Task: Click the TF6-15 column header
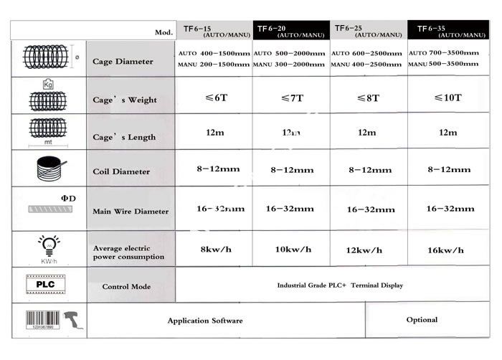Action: (x=213, y=31)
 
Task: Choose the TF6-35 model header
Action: (x=447, y=31)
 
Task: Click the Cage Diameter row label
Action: (x=123, y=62)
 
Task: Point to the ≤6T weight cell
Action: (x=213, y=97)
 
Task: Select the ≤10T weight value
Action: (x=447, y=97)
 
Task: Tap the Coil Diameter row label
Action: (x=121, y=171)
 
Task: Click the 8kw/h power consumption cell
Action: (x=213, y=250)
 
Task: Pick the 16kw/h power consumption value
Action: (x=445, y=250)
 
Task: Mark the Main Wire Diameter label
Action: (x=131, y=211)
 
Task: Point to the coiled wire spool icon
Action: (x=47, y=171)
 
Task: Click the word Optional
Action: (x=422, y=320)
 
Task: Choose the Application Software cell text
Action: (x=205, y=321)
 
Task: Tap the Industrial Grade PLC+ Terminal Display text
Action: (x=340, y=285)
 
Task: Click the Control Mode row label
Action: (x=126, y=286)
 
